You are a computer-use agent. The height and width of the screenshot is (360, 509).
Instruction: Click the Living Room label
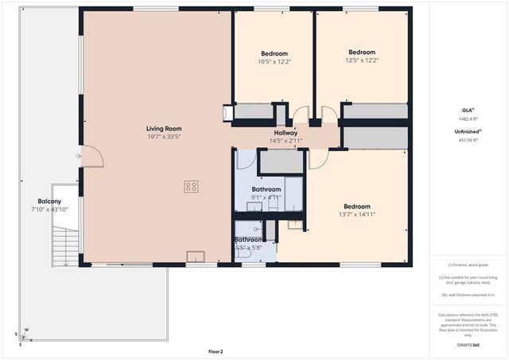164,128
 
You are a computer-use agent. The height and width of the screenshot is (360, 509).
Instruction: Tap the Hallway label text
286,133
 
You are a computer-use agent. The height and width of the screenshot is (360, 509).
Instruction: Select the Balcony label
49,201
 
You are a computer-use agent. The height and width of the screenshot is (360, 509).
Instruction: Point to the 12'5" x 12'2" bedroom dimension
362,60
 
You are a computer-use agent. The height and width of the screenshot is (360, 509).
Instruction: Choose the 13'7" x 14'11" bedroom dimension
356,214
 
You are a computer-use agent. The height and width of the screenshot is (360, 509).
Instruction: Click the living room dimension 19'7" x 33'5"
164,136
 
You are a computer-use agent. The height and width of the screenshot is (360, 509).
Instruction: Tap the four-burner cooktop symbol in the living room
191,188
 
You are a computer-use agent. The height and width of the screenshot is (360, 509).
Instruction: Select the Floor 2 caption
216,351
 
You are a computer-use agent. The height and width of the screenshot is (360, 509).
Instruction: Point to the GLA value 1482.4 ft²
468,118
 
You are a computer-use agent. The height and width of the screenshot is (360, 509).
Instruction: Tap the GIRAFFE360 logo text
468,346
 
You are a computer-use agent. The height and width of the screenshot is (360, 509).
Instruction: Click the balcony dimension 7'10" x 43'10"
49,209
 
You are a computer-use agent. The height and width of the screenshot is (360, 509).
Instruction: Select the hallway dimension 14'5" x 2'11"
286,141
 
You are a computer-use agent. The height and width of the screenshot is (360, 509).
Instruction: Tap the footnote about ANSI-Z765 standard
468,324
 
